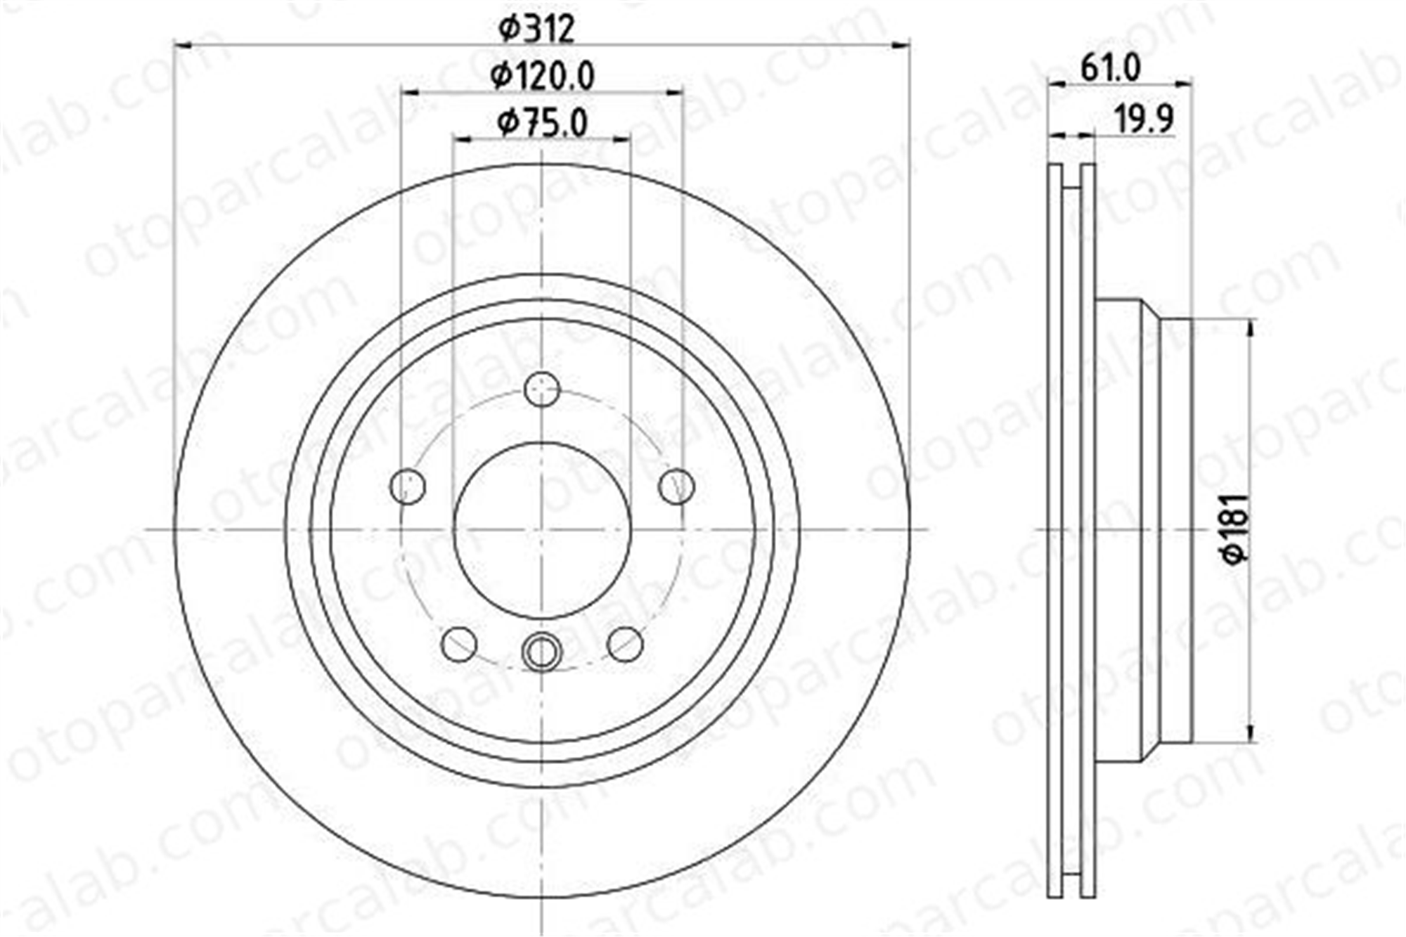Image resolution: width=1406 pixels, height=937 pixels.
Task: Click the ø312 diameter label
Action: click(x=536, y=29)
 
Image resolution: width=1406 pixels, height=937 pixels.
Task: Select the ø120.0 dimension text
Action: click(x=543, y=76)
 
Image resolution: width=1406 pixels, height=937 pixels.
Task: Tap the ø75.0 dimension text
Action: click(x=542, y=123)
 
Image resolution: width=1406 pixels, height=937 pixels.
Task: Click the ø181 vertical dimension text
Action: click(x=1236, y=528)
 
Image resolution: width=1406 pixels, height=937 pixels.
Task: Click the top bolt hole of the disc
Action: click(x=542, y=389)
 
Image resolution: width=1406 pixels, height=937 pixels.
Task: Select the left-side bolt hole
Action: click(x=408, y=486)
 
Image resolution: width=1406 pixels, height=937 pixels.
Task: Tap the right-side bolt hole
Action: click(x=676, y=486)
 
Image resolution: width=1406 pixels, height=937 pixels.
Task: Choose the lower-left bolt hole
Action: click(x=459, y=644)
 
